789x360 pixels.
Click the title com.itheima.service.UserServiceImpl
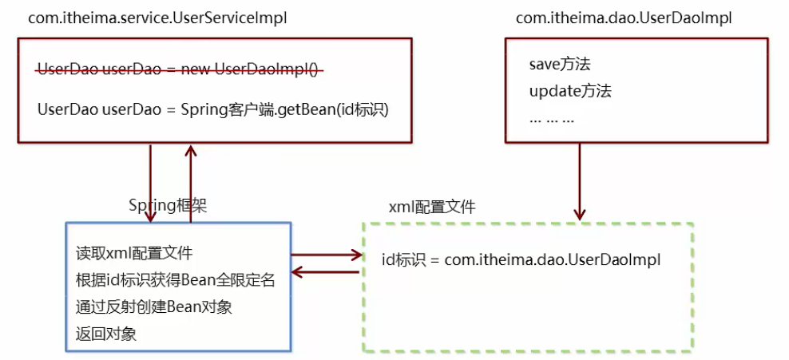point(157,18)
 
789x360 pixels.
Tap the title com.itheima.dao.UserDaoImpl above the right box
point(624,18)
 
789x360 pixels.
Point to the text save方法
point(560,65)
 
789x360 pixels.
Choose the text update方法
point(570,92)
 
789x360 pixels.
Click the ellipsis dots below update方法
point(552,121)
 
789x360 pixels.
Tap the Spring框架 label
point(168,206)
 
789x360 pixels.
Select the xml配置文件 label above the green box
point(432,208)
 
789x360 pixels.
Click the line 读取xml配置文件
point(134,253)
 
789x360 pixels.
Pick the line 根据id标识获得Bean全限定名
point(176,280)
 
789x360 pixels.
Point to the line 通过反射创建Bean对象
point(154,307)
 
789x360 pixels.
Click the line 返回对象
point(106,334)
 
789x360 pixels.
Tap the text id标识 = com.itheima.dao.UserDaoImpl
point(521,260)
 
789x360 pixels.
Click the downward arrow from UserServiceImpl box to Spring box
point(150,183)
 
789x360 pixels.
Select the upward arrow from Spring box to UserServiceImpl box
point(190,183)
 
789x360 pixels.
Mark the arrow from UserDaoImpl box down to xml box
point(580,181)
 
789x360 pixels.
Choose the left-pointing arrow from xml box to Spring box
point(326,272)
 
